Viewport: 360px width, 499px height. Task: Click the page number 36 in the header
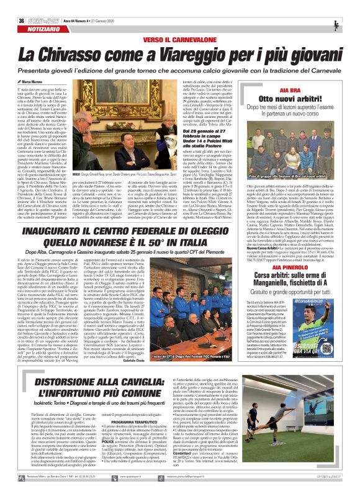click(x=13, y=5)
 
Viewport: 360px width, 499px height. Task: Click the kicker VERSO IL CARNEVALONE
click(x=180, y=22)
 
